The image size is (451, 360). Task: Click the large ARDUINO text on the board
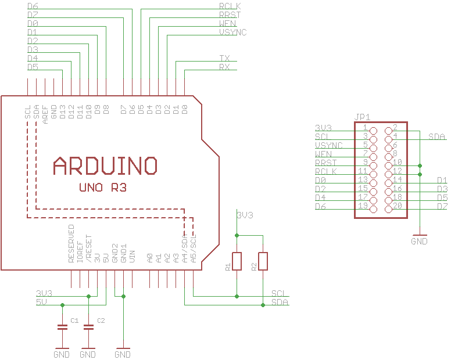pos(105,166)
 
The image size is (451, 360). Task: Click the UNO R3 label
pos(103,188)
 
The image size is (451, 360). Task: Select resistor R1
pos(237,261)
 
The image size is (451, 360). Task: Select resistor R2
pos(263,261)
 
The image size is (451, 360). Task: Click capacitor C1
pos(62,327)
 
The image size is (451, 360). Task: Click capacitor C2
pos(88,327)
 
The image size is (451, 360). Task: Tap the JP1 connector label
pos(362,116)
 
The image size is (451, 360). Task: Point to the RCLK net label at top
pos(230,6)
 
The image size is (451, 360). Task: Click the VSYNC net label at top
pos(232,33)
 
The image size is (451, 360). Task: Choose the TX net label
pos(224,59)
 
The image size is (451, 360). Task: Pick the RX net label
pos(224,67)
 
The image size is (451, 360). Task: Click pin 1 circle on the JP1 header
pos(373,131)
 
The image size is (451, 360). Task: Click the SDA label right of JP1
pos(436,137)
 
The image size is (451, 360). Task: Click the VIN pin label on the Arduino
pos(133,256)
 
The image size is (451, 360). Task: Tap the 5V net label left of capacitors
pos(41,302)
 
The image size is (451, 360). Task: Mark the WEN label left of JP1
pos(323,154)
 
